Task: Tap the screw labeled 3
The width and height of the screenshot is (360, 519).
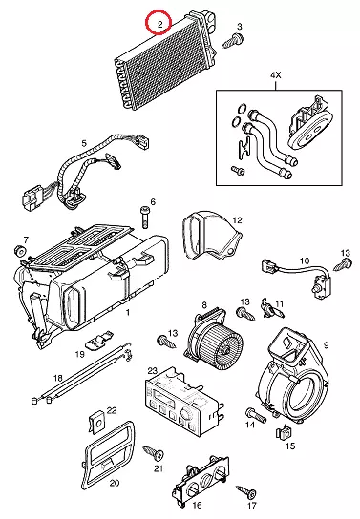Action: pyautogui.click(x=233, y=40)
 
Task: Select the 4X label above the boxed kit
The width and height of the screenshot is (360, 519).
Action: pyautogui.click(x=275, y=75)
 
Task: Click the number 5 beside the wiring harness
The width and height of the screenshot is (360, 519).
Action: pyautogui.click(x=84, y=143)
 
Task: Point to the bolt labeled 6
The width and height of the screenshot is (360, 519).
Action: pyautogui.click(x=145, y=217)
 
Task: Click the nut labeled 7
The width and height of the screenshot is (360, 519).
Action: pyautogui.click(x=20, y=251)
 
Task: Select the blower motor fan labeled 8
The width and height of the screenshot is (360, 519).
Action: pyautogui.click(x=213, y=337)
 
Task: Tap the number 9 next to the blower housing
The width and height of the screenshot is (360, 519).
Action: pyautogui.click(x=326, y=345)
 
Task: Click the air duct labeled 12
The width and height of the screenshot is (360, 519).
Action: pyautogui.click(x=211, y=237)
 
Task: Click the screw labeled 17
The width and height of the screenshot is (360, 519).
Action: pyautogui.click(x=247, y=491)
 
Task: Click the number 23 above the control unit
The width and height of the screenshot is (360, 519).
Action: pyautogui.click(x=153, y=370)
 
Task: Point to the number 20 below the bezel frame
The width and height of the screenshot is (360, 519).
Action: pyautogui.click(x=115, y=484)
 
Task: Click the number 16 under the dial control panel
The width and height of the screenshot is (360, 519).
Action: pyautogui.click(x=197, y=505)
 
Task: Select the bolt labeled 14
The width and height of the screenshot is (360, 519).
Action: pyautogui.click(x=256, y=415)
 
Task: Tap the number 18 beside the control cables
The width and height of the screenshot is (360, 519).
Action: pyautogui.click(x=57, y=378)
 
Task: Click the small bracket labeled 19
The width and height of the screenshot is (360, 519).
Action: pyautogui.click(x=99, y=339)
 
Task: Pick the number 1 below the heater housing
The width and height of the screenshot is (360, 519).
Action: pyautogui.click(x=128, y=312)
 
